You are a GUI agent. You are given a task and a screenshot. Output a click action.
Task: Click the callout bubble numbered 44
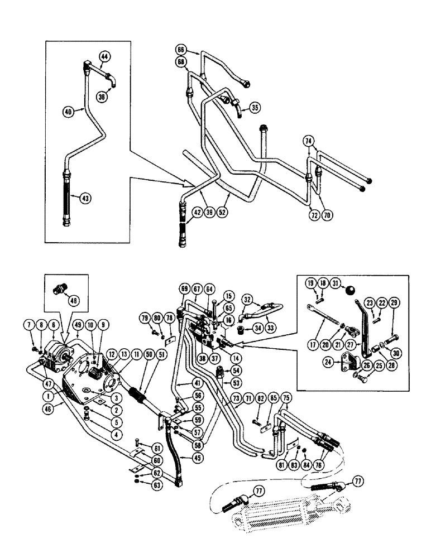click(105, 56)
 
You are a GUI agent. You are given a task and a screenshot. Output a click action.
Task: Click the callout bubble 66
click(180, 50)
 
